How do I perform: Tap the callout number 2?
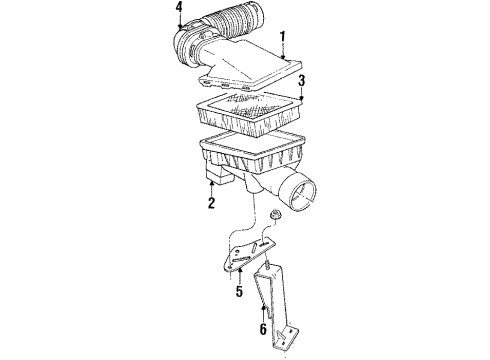212,204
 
